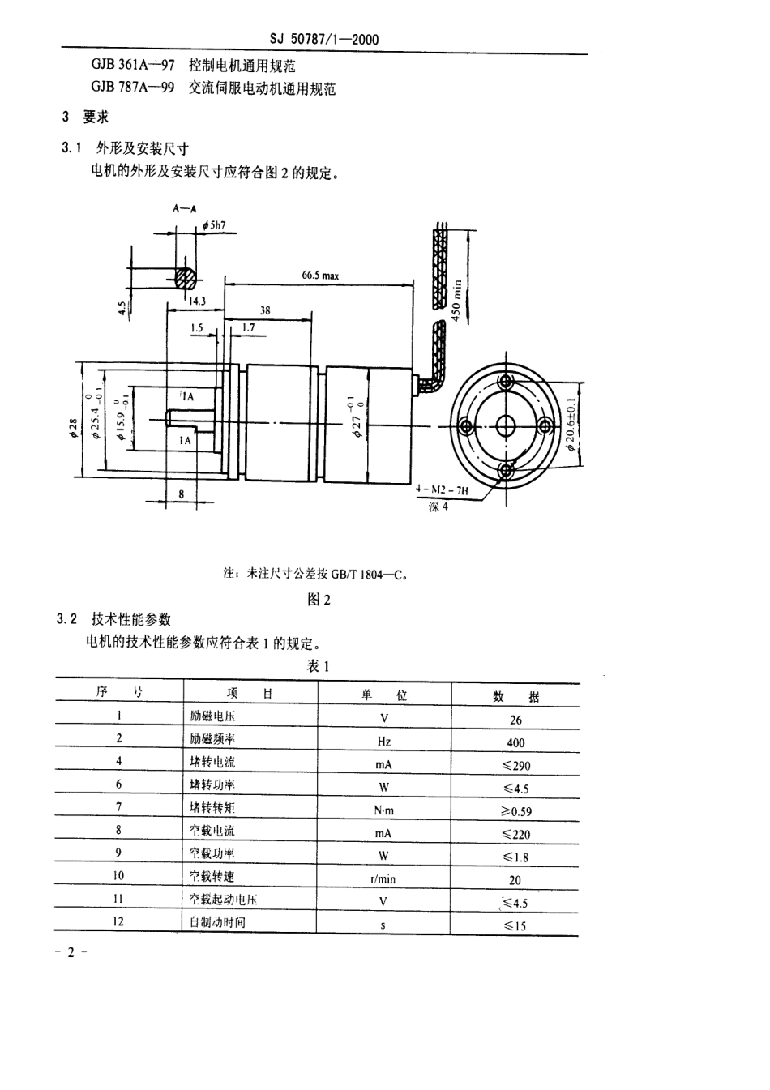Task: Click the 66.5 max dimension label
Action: click(x=320, y=276)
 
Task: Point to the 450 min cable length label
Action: click(x=456, y=301)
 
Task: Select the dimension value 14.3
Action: click(x=197, y=301)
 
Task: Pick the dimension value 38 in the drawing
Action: click(x=265, y=310)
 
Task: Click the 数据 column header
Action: click(x=515, y=696)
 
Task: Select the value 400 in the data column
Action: click(x=515, y=742)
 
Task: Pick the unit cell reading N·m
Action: click(x=383, y=810)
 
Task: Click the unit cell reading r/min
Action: click(x=383, y=878)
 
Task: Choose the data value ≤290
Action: click(x=515, y=765)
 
